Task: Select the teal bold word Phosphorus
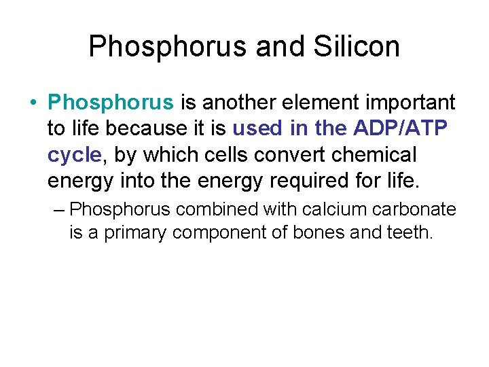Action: [111, 103]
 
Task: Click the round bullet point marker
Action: [33, 103]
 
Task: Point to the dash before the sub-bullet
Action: [59, 209]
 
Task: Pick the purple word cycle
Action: [74, 155]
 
